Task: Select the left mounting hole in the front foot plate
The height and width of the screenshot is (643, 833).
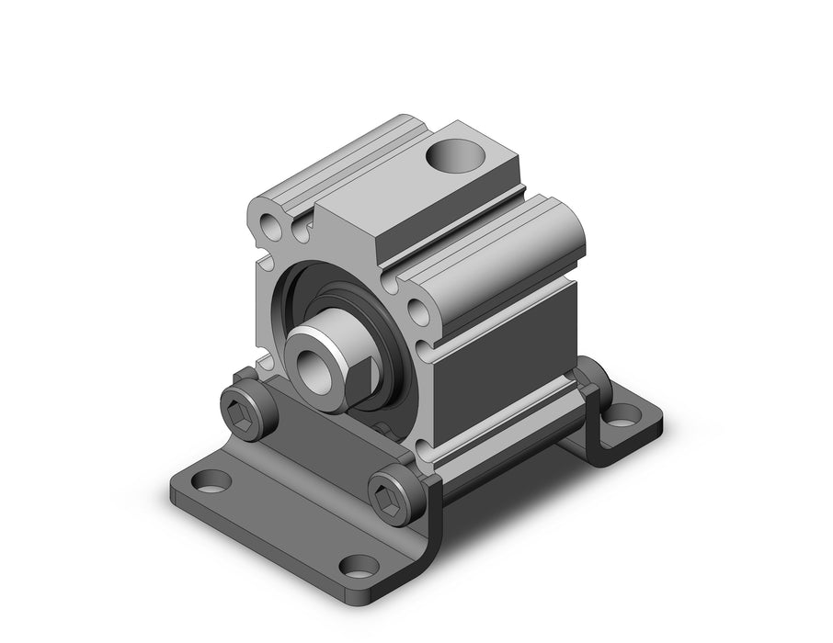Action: (213, 479)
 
